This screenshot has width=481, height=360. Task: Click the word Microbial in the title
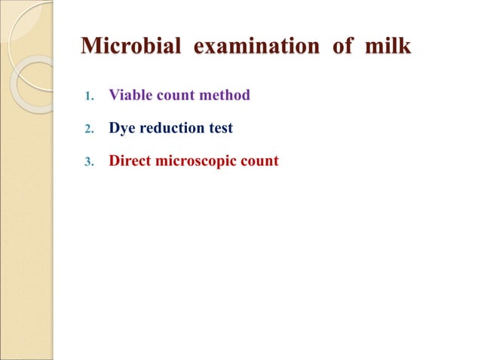130,47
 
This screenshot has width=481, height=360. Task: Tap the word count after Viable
170,96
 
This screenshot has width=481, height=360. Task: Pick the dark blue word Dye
122,129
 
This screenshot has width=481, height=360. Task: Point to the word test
220,129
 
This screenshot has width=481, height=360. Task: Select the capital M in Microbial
91,47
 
